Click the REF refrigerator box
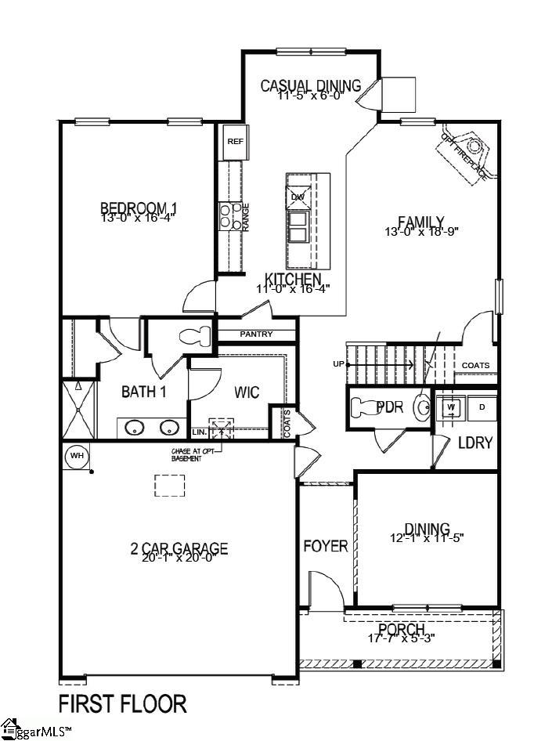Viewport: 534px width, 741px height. (x=235, y=141)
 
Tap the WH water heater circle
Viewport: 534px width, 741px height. (x=77, y=455)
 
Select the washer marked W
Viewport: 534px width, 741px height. (x=451, y=407)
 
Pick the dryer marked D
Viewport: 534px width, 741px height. (x=482, y=407)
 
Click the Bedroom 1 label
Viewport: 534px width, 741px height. (x=139, y=208)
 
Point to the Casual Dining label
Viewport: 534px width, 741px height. (x=310, y=85)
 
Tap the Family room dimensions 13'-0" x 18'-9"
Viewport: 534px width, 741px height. (x=420, y=232)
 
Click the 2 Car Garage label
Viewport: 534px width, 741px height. (x=179, y=548)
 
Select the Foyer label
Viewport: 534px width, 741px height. (x=325, y=546)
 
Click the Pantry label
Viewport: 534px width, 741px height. (x=257, y=334)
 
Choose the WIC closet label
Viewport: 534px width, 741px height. (x=247, y=392)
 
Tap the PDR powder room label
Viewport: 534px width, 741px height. (x=389, y=407)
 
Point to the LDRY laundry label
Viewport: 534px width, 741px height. (x=475, y=443)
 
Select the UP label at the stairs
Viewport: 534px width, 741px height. (x=339, y=364)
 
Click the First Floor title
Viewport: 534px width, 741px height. (x=123, y=703)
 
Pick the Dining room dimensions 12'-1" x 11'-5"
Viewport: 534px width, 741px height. (x=427, y=538)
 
